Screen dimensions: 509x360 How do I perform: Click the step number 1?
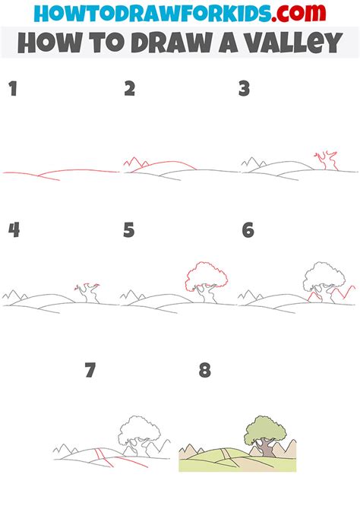12,89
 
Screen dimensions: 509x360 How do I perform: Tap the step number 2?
130,89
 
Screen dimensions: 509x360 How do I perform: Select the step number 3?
244,89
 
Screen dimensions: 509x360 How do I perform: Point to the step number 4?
13,229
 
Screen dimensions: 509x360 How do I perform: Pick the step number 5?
129,229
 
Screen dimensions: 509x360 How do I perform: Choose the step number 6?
248,229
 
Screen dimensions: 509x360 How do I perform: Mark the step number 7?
90,371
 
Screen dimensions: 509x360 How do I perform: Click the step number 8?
205,371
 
